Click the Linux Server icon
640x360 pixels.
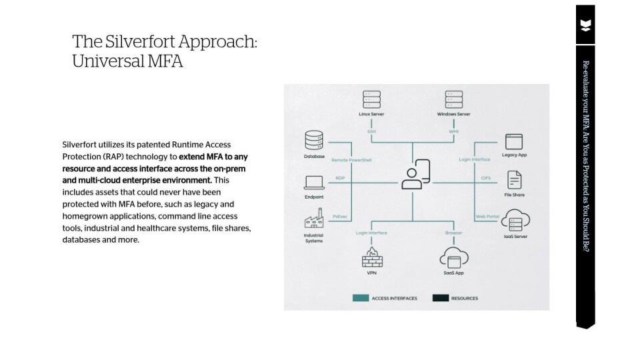(x=371, y=99)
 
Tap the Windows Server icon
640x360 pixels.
(x=453, y=99)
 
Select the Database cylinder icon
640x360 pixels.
(x=313, y=141)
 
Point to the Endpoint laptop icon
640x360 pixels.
(x=314, y=182)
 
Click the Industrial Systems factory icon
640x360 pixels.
(x=313, y=219)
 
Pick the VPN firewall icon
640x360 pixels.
(x=371, y=257)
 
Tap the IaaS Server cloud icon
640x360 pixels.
(x=515, y=219)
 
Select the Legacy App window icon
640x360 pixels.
(x=514, y=141)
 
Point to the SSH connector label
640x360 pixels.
(x=371, y=131)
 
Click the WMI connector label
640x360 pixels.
(x=453, y=131)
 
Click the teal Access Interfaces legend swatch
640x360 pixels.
(x=361, y=298)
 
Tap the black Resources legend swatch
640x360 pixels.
(x=440, y=298)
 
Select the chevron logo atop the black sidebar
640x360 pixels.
(x=585, y=26)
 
